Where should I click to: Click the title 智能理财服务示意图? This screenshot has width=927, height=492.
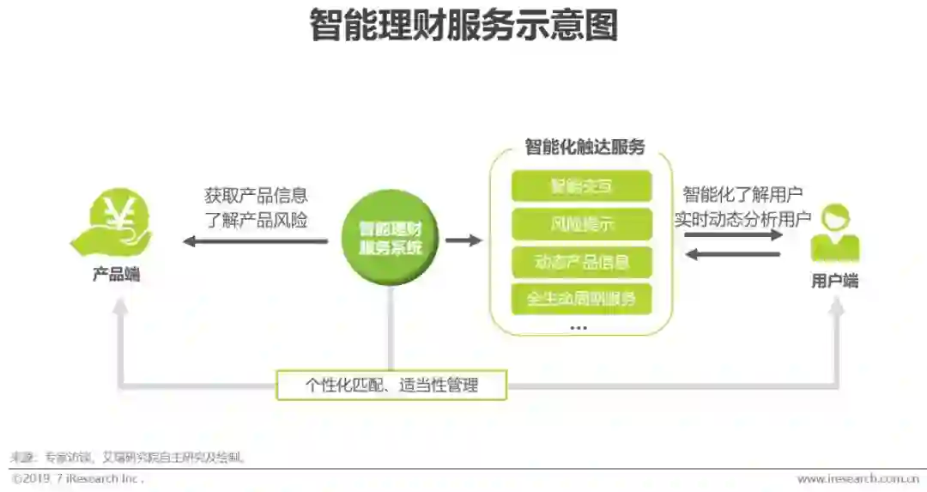pos(463,27)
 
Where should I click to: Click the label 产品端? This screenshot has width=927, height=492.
pos(117,276)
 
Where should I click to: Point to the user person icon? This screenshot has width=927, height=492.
pos(834,233)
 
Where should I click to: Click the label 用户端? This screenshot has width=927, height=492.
pos(834,281)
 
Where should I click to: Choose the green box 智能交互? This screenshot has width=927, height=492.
pos(581,186)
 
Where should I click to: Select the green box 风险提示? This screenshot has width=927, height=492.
pos(581,224)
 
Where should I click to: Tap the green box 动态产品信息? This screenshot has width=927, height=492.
pos(581,261)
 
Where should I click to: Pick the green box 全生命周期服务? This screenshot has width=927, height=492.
pos(581,299)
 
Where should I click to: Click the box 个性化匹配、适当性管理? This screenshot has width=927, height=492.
pos(391,386)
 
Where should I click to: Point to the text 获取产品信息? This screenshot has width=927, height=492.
pos(256,196)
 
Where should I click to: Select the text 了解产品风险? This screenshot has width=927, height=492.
pos(256,220)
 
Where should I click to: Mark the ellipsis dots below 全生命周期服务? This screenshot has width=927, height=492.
pos(579,328)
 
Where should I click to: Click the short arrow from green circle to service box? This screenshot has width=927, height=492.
pos(463,240)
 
